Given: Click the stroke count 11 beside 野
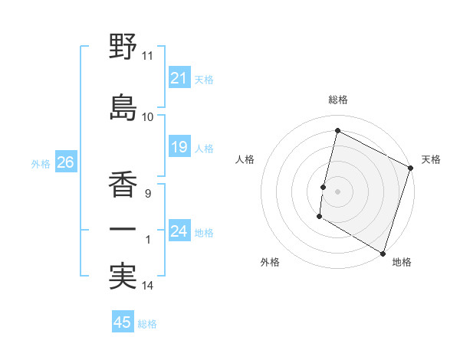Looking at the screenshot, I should pos(147,57).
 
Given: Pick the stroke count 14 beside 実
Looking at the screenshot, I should pos(148,286).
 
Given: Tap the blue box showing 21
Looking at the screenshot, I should pos(179,78).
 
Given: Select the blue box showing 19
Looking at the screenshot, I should pos(179,148).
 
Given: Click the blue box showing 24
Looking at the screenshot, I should pos(179,231).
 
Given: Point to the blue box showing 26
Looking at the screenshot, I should pos(65,163).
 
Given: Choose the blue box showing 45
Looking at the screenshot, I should pos(123,322).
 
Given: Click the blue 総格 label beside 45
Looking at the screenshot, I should pos(148,324).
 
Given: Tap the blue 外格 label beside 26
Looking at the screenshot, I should pos(41,164).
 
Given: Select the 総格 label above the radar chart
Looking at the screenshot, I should pos(338,100).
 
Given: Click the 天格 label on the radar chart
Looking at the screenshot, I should pos(431,159).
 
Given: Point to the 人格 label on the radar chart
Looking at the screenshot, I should pos(245,159).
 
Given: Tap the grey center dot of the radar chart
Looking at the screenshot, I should pos(337,191).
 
